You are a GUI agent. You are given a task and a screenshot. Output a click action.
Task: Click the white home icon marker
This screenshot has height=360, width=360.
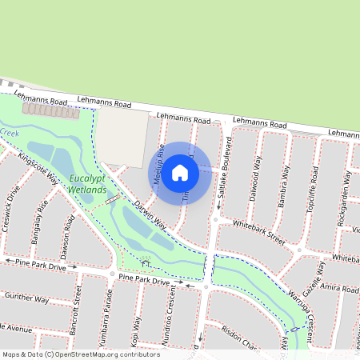(180, 172)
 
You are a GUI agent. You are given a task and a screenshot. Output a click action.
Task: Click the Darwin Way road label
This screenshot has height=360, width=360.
(150, 214)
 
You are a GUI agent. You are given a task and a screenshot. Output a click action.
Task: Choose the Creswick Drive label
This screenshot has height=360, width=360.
(10, 209)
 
